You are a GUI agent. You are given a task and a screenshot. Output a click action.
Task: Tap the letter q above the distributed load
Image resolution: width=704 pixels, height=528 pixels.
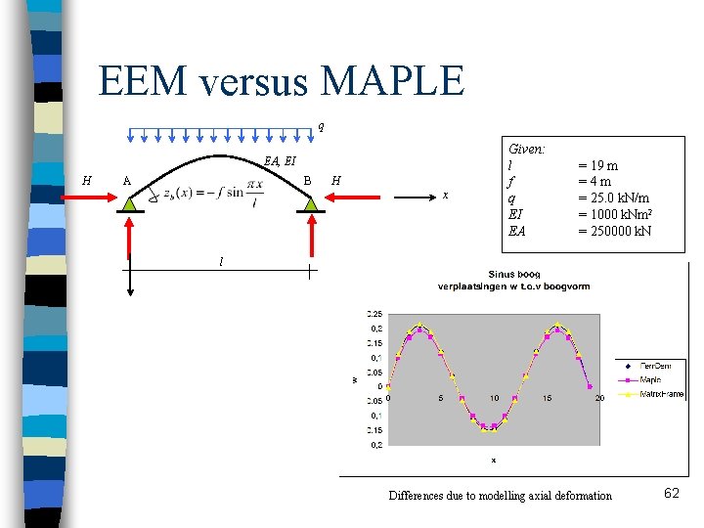click(321, 125)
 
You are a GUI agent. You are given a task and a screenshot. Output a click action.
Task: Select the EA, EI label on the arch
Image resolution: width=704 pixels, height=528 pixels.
click(280, 161)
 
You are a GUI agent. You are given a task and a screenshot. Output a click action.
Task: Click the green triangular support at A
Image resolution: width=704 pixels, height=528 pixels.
click(130, 203)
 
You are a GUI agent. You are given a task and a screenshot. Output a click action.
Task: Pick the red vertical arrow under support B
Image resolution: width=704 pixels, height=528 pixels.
click(312, 235)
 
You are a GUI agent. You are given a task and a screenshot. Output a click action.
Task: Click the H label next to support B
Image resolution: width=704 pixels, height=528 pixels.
click(336, 180)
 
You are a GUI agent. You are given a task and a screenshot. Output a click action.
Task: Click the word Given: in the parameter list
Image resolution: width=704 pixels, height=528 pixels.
click(527, 149)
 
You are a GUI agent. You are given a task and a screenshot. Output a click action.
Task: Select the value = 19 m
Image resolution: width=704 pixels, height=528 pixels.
click(597, 165)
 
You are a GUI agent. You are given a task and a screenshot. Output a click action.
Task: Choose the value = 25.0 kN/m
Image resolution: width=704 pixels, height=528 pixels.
click(614, 198)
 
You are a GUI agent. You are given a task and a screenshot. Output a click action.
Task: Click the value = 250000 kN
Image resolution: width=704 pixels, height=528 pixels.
click(615, 232)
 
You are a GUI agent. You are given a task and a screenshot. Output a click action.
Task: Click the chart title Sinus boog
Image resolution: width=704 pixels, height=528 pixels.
click(512, 274)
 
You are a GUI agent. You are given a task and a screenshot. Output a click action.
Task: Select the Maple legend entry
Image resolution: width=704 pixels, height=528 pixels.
click(651, 379)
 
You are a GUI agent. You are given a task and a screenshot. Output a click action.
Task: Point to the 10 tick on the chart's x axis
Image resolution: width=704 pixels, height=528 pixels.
click(494, 398)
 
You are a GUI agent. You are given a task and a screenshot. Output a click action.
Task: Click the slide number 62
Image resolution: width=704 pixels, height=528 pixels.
click(671, 494)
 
